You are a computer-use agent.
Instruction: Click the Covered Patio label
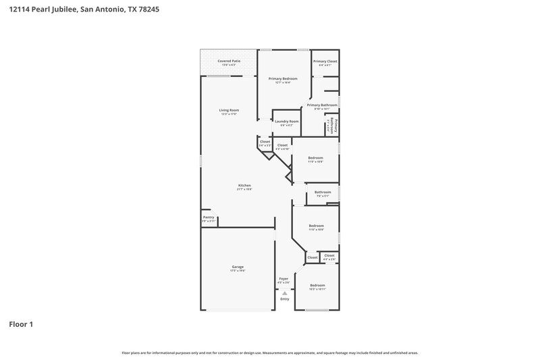click(229, 61)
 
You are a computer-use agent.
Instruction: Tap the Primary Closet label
click(325, 61)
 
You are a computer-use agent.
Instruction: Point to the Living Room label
click(229, 110)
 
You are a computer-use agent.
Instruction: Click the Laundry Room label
click(286, 122)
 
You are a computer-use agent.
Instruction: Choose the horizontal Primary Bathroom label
click(322, 105)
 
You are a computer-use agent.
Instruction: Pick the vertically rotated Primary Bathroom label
click(331, 126)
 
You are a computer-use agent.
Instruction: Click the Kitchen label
click(244, 186)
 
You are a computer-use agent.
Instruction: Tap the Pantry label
click(209, 217)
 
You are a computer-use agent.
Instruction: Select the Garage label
click(238, 267)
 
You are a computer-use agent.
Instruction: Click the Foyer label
click(284, 278)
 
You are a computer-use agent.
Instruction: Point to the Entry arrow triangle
click(285, 293)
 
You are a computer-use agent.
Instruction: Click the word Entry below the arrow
click(284, 299)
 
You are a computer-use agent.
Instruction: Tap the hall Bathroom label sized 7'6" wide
click(323, 192)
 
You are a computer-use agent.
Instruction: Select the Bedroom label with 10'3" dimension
click(317, 286)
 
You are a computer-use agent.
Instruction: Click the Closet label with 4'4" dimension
click(329, 256)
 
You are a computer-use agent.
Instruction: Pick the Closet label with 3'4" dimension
click(265, 142)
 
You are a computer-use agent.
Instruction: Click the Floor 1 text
click(21, 324)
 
